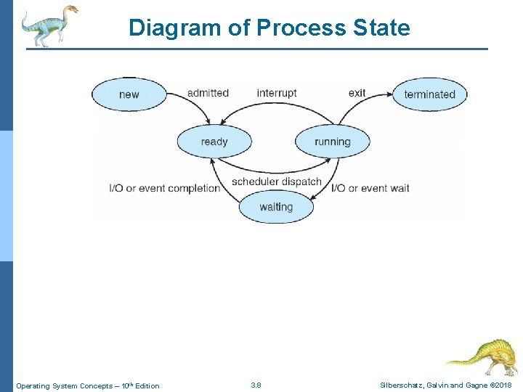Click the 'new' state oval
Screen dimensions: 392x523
[129, 94]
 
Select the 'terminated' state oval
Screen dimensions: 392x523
[429, 94]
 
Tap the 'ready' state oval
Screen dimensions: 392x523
[214, 142]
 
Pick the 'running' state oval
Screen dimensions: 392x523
[332, 142]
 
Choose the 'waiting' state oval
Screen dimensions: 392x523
[276, 207]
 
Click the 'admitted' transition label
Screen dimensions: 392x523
[208, 93]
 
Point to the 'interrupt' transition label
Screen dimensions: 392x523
[277, 93]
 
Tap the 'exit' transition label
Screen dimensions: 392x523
[357, 93]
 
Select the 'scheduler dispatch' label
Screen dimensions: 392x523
[276, 181]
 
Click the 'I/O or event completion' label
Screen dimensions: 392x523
[164, 188]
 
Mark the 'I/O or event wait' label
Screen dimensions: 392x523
[370, 188]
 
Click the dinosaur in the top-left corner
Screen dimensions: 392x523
[48, 25]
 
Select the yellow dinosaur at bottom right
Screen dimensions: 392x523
[480, 356]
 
